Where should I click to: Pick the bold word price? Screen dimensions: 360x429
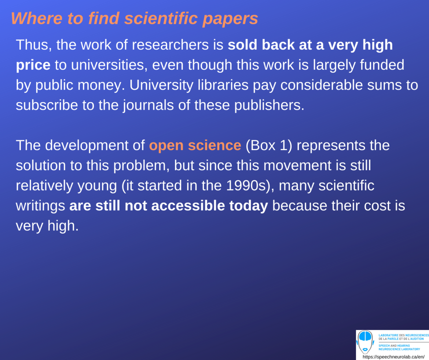(33, 65)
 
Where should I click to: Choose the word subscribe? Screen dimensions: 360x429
(47, 106)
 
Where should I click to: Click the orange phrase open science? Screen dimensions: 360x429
(195, 146)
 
